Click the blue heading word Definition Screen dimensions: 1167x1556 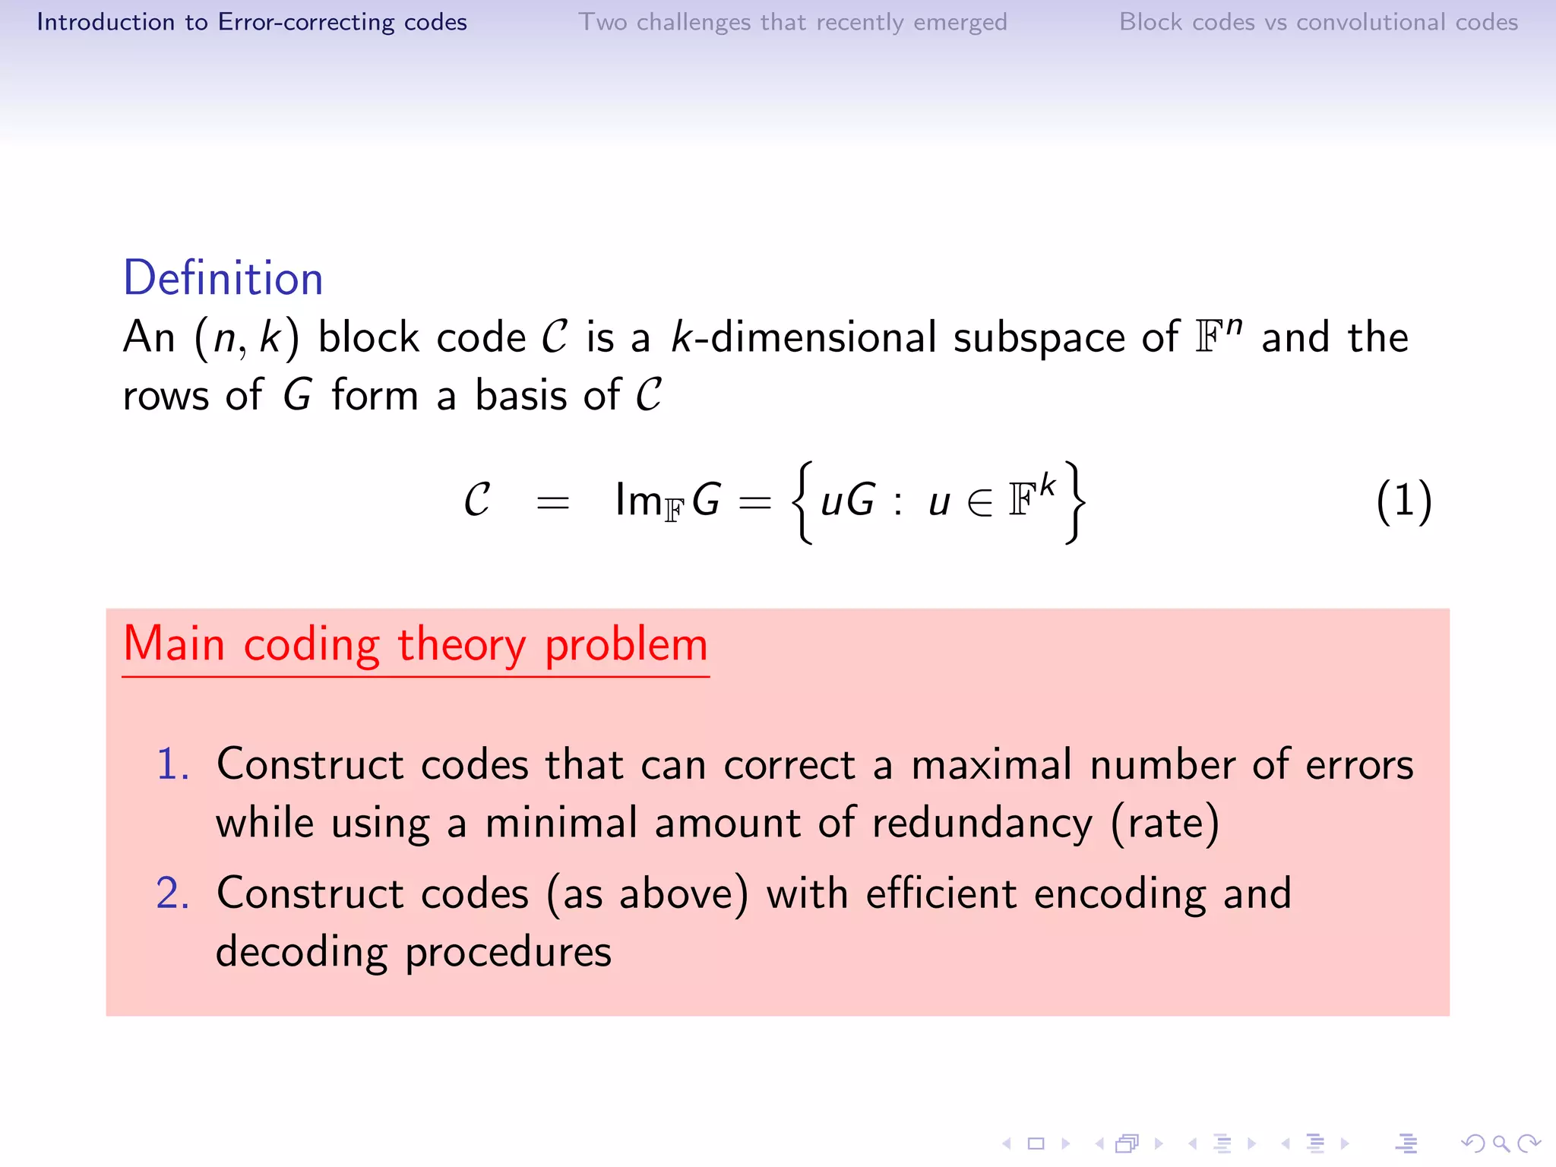[x=223, y=278]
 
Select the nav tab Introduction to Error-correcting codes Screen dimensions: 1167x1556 [x=251, y=22]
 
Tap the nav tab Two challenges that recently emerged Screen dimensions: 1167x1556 [x=792, y=22]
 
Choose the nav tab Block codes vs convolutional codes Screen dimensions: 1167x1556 [x=1318, y=22]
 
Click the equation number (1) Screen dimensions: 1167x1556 [x=1403, y=501]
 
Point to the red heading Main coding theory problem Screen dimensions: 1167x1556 [x=416, y=644]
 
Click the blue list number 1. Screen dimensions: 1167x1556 [x=172, y=764]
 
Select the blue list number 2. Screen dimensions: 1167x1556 [x=172, y=893]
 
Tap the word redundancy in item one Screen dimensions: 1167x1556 [x=982, y=824]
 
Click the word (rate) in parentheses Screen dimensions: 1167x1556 [x=1165, y=824]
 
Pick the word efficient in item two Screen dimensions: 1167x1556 [x=941, y=893]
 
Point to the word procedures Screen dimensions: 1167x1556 [x=508, y=953]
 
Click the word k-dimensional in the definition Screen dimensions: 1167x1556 [x=803, y=337]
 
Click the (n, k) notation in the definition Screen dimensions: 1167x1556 [x=247, y=337]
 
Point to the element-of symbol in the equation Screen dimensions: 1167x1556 [x=980, y=502]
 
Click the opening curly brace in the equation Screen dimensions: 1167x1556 [x=802, y=502]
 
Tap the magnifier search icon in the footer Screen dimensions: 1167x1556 [x=1501, y=1143]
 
